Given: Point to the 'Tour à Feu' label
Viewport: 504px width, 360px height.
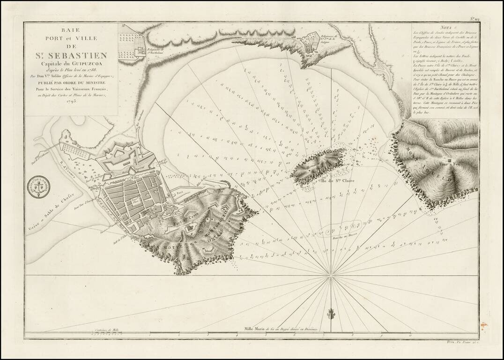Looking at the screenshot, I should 449,165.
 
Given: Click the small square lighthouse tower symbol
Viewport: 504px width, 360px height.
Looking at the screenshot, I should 449,160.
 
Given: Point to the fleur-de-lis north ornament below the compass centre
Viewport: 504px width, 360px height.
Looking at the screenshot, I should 331,313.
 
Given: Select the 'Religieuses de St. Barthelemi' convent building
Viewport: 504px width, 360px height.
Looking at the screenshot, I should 141,52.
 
